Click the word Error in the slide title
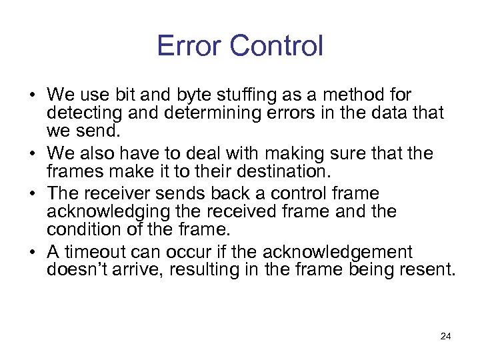189,46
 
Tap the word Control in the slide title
275,46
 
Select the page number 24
446,336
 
